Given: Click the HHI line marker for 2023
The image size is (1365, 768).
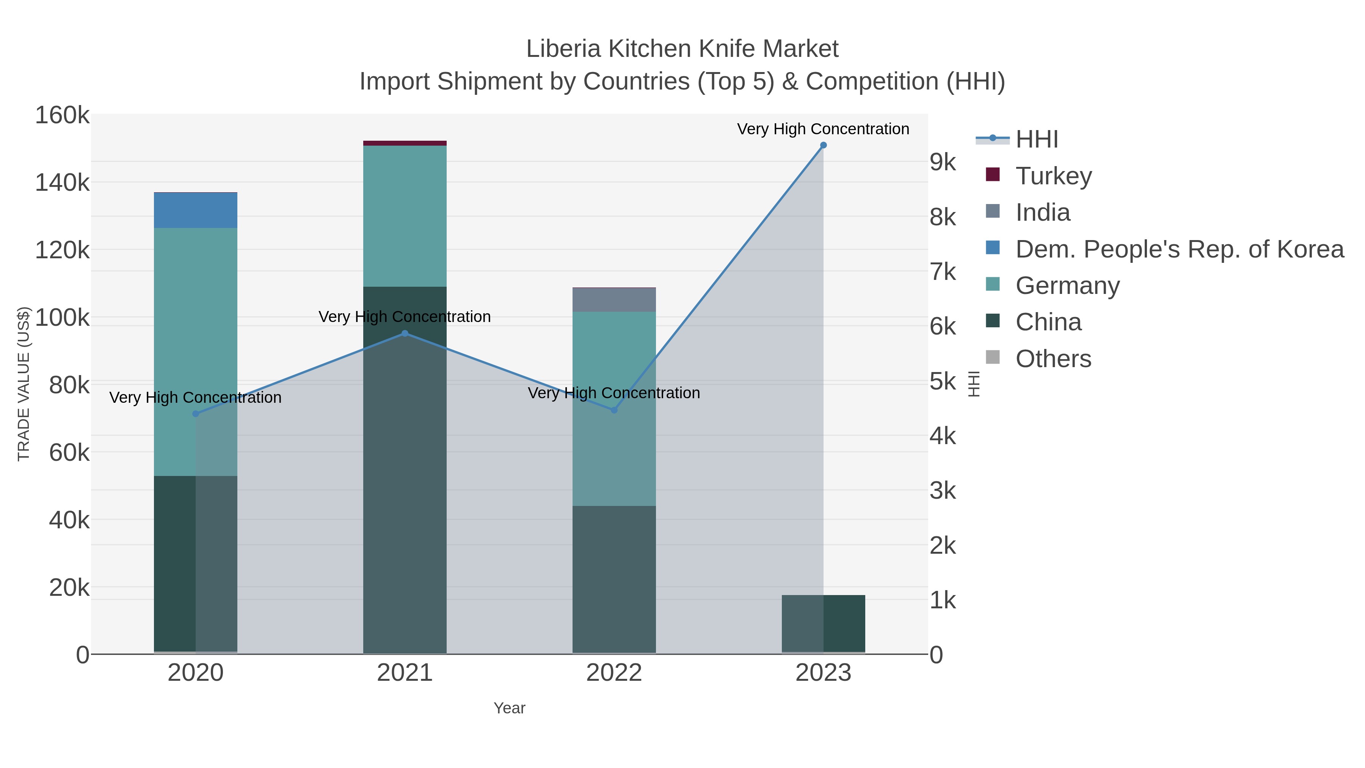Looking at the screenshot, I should pyautogui.click(x=823, y=145).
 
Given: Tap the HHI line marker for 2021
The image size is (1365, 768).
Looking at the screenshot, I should pyautogui.click(x=405, y=333).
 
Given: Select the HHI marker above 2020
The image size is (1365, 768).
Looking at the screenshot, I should pyautogui.click(x=196, y=414).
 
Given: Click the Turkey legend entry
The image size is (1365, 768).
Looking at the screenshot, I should pyautogui.click(x=1053, y=176).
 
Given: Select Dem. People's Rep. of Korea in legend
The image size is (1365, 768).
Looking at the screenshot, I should pyautogui.click(x=1179, y=249).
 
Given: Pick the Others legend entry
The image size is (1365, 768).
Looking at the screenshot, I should pyautogui.click(x=1053, y=359).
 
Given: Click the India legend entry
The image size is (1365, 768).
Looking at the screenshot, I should pyautogui.click(x=1042, y=212).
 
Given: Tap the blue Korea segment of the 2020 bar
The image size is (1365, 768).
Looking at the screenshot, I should pyautogui.click(x=196, y=210).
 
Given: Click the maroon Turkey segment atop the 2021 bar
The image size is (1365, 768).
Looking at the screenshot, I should pyautogui.click(x=405, y=143).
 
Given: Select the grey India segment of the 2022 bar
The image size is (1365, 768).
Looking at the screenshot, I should pyautogui.click(x=614, y=300).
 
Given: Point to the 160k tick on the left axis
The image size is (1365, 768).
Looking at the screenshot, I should pyautogui.click(x=62, y=116).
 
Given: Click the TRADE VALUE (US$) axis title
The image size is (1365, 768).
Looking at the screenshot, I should pyautogui.click(x=24, y=384).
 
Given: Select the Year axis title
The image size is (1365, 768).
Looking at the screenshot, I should pyautogui.click(x=509, y=708).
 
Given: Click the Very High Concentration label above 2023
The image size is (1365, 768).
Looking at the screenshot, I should pyautogui.click(x=823, y=129).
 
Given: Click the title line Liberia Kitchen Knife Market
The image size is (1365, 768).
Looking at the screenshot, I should pyautogui.click(x=682, y=49).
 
